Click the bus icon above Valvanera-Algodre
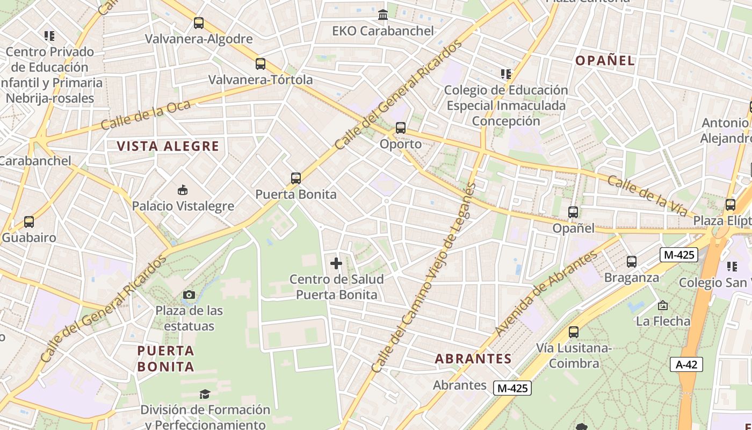coord(199,23)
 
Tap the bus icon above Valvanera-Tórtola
coord(261,64)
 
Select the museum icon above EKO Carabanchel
coord(383,15)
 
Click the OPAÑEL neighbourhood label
coord(605,60)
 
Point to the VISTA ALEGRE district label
coord(168,146)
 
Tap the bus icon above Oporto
coord(401,128)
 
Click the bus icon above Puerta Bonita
coord(295,178)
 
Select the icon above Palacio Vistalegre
coord(183,190)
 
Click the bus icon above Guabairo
coord(29,222)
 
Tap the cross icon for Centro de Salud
coord(336,263)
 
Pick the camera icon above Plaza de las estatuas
coord(189,295)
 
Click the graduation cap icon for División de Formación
coord(205,395)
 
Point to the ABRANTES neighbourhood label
coord(473,359)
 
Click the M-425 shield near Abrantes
coord(513,388)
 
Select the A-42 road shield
coord(686,364)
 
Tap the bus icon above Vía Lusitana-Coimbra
coord(574,332)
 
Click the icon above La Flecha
coord(663,305)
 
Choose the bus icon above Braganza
coord(632,262)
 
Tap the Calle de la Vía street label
coord(647,196)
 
